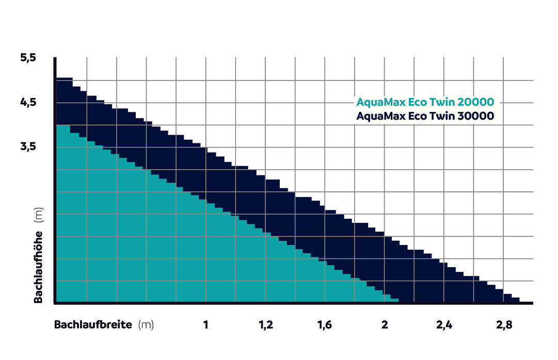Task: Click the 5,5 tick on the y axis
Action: [x=28, y=58]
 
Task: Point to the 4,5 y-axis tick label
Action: [x=28, y=102]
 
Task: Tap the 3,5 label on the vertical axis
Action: [x=28, y=146]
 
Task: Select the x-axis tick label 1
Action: [x=206, y=325]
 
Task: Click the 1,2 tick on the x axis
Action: [x=265, y=325]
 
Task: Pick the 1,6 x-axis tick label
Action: [x=325, y=325]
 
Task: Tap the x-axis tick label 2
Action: [x=385, y=325]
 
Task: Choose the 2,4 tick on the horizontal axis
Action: [x=444, y=325]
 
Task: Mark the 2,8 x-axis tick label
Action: [x=504, y=325]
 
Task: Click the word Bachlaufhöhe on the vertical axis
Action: [x=38, y=266]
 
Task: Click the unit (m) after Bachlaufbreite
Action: [x=146, y=325]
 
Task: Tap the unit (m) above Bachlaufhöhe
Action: [x=38, y=215]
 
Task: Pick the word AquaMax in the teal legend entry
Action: [x=380, y=102]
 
